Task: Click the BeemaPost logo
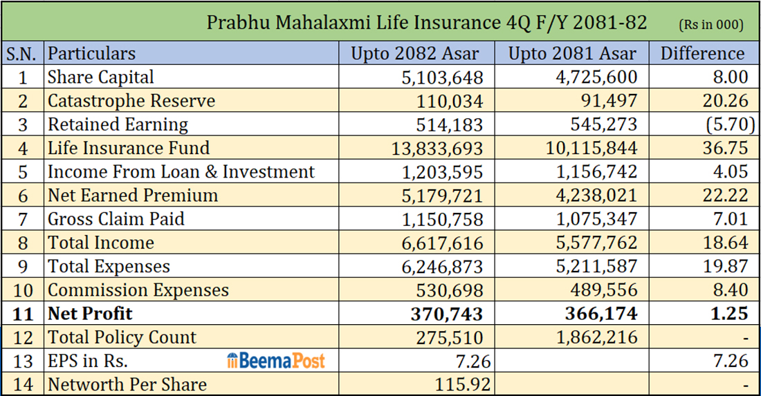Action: click(275, 361)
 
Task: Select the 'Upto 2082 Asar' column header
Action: click(414, 53)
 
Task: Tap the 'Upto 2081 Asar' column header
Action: click(572, 53)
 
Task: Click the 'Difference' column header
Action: click(703, 53)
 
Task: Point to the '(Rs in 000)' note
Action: click(711, 24)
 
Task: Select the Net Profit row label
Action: click(90, 314)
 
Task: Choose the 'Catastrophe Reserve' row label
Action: click(131, 101)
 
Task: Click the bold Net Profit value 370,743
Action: click(446, 314)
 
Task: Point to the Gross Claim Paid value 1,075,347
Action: click(594, 219)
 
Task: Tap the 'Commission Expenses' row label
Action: click(138, 290)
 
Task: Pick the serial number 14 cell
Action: click(22, 384)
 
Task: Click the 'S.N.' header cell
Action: click(22, 53)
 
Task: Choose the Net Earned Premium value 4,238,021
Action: click(594, 196)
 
